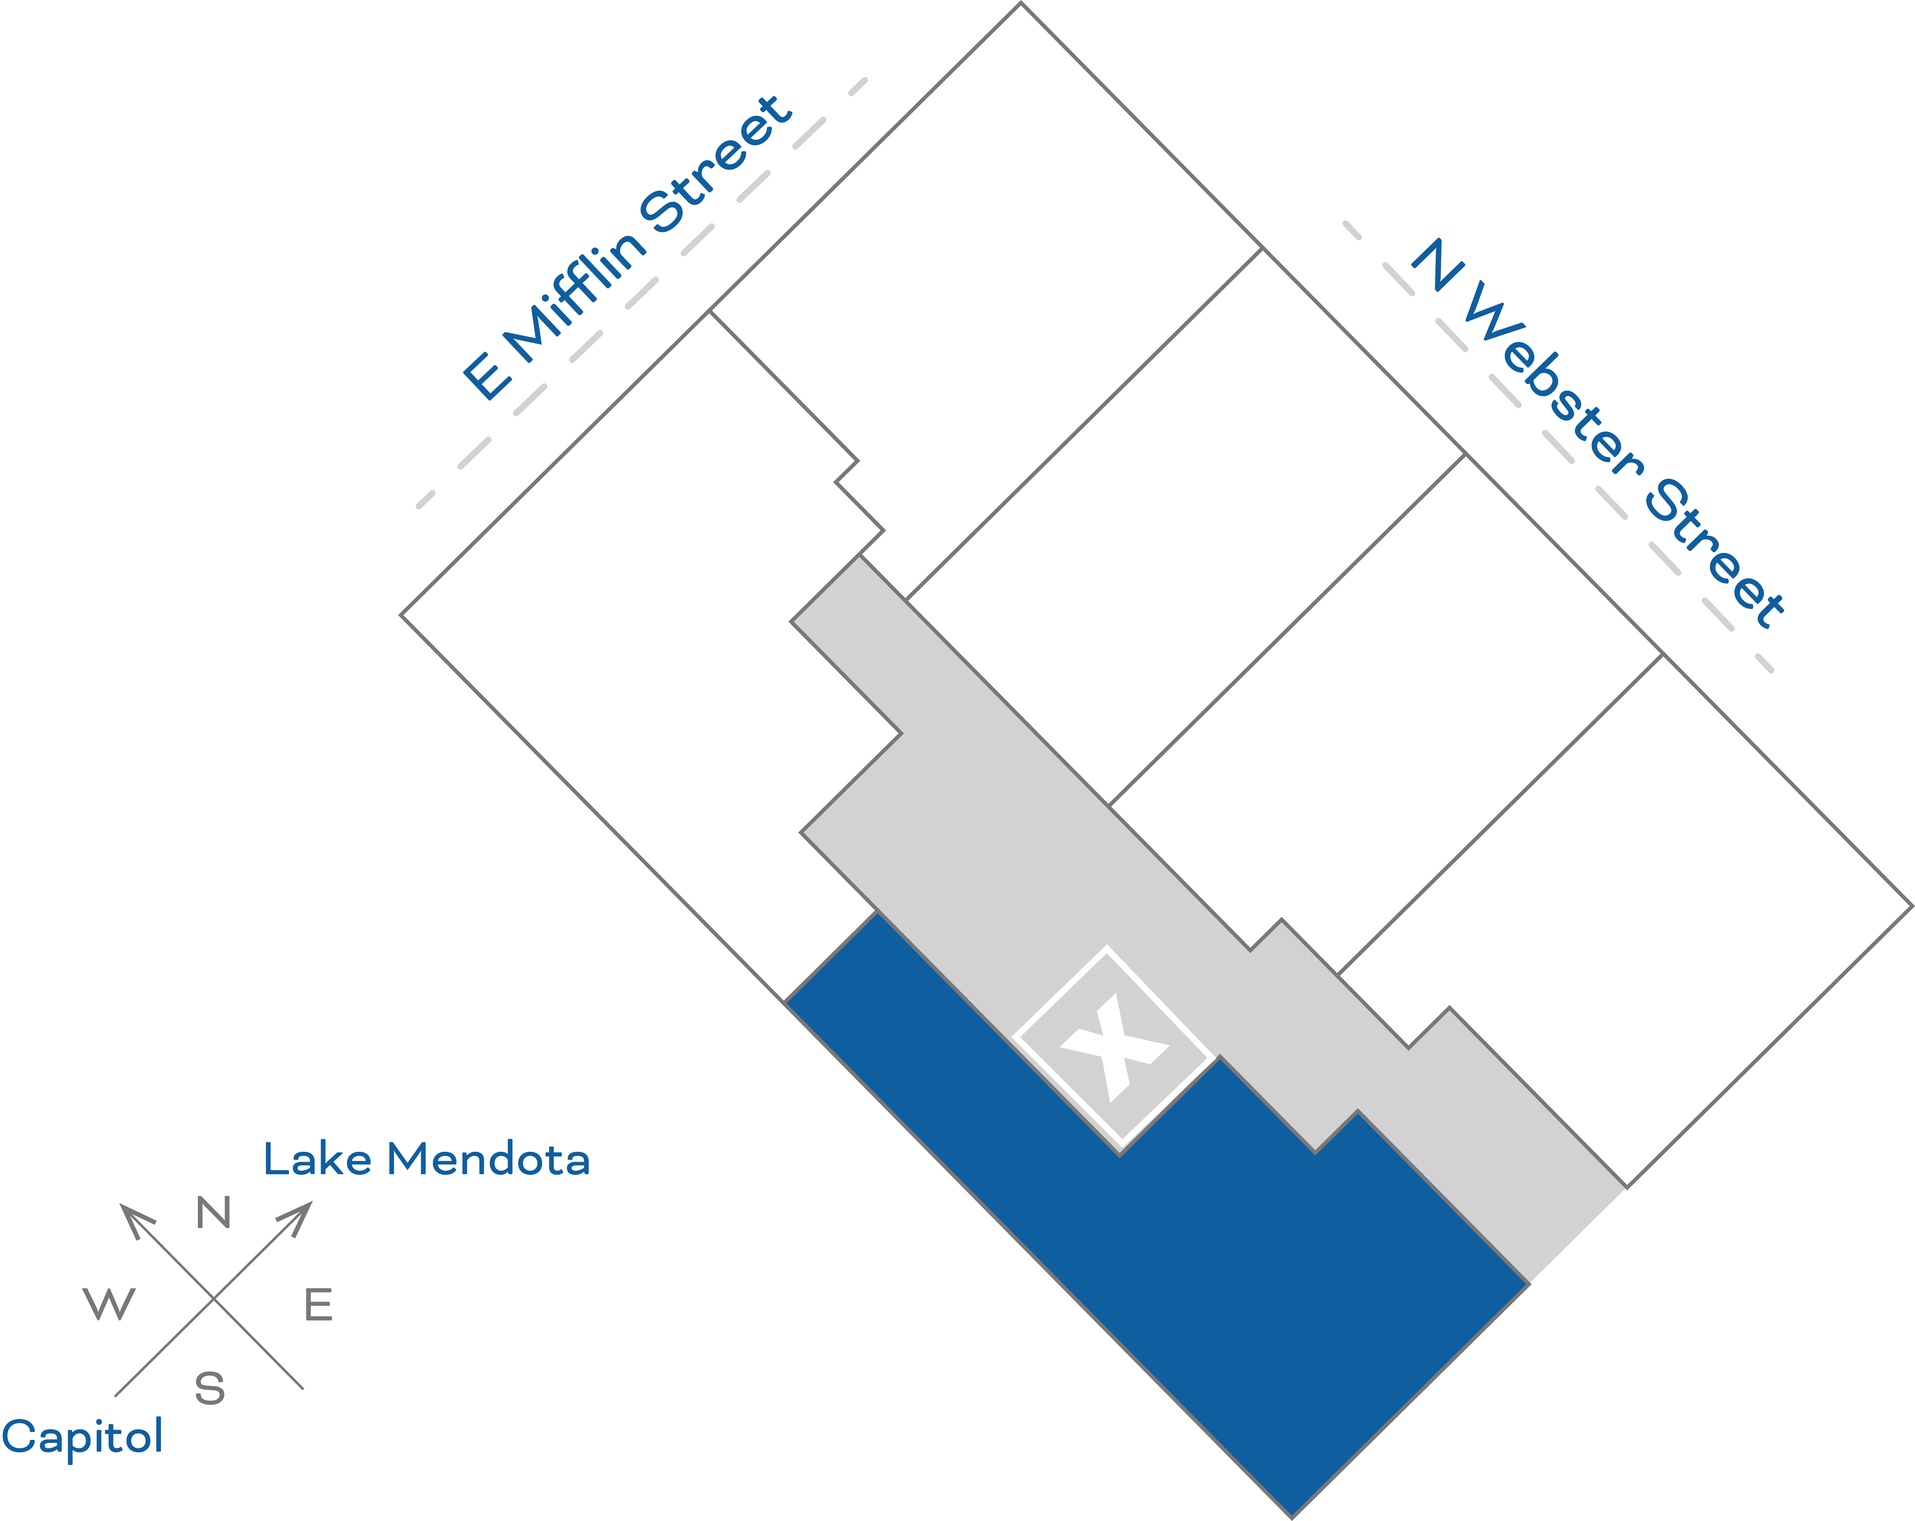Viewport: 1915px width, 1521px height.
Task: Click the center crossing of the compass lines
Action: [213, 1299]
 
